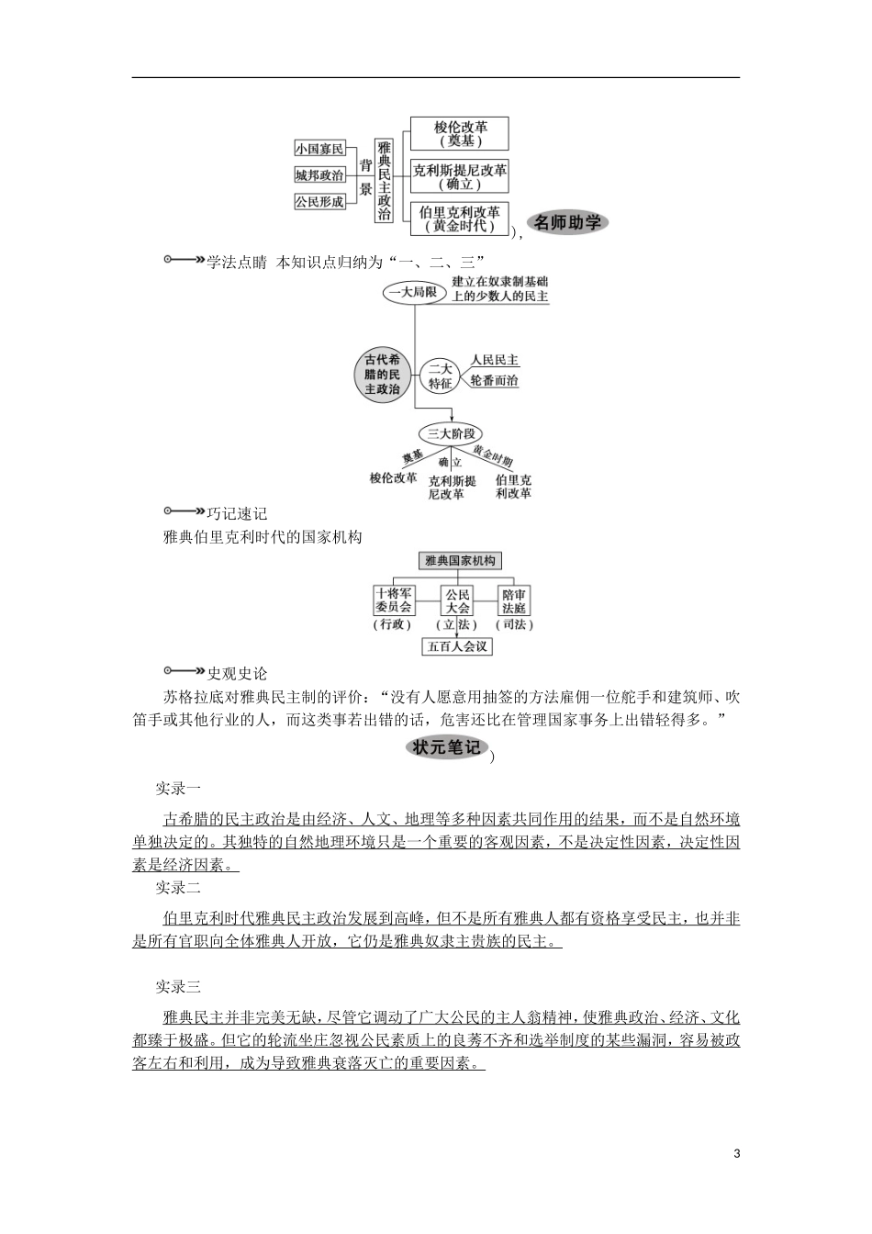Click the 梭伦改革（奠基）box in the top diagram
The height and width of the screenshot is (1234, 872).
tap(460, 134)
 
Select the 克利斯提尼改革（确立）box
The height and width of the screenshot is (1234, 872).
tap(460, 176)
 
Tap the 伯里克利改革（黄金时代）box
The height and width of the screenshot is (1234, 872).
tap(460, 219)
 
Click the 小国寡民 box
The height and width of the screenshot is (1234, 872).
tap(319, 149)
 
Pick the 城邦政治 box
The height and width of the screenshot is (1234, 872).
tap(319, 175)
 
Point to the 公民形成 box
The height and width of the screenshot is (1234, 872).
tap(319, 201)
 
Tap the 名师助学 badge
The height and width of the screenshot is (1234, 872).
tap(569, 222)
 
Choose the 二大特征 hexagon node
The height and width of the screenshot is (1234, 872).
tap(441, 376)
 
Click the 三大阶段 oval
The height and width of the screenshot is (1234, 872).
tap(449, 433)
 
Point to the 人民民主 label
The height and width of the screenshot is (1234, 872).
tap(495, 361)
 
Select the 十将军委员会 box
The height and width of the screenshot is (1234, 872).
tap(394, 600)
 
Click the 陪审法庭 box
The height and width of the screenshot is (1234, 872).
tap(515, 600)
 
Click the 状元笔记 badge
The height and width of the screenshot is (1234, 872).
tap(446, 748)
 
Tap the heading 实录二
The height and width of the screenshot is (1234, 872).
tap(177, 888)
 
